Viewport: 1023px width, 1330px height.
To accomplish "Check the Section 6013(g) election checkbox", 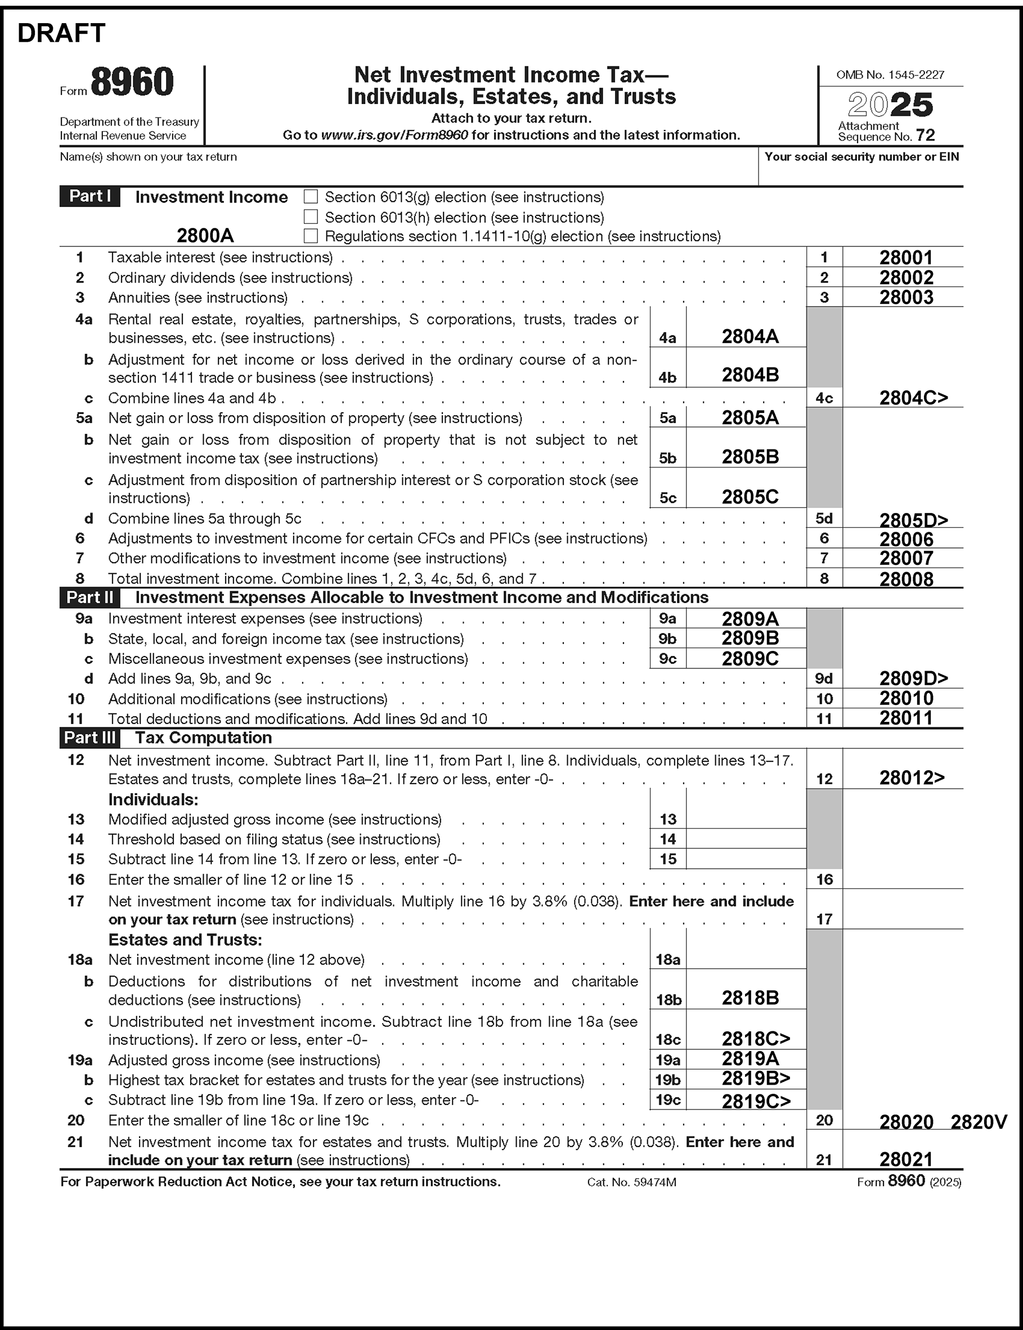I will coord(311,196).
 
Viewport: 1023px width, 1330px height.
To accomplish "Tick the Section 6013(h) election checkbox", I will coord(311,217).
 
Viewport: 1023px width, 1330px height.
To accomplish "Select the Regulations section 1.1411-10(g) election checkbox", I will coord(311,236).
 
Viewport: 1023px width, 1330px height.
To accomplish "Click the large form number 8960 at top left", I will coord(132,83).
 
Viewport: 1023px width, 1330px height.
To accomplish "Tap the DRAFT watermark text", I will coord(61,34).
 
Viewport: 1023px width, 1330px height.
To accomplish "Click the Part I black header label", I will coord(89,196).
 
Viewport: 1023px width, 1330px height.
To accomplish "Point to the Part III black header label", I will coord(89,738).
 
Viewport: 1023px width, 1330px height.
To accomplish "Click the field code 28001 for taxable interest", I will coord(905,258).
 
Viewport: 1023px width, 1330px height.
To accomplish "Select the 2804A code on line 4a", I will coord(750,336).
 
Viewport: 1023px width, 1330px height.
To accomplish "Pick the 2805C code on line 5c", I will coord(750,497).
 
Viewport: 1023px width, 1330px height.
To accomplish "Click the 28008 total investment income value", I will coord(905,579).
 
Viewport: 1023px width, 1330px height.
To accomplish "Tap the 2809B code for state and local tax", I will coord(750,638).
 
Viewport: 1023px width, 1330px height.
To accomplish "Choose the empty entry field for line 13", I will coord(746,819).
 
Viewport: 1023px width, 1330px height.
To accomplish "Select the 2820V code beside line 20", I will coord(979,1122).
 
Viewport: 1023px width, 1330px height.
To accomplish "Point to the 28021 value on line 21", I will coord(905,1160).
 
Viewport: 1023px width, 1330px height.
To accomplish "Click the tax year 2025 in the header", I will coord(890,105).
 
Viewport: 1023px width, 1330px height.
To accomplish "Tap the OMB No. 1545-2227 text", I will coord(890,75).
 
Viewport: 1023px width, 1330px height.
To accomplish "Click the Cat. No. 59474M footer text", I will coord(631,1182).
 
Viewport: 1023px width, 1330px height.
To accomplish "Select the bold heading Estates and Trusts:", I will coord(185,940).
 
